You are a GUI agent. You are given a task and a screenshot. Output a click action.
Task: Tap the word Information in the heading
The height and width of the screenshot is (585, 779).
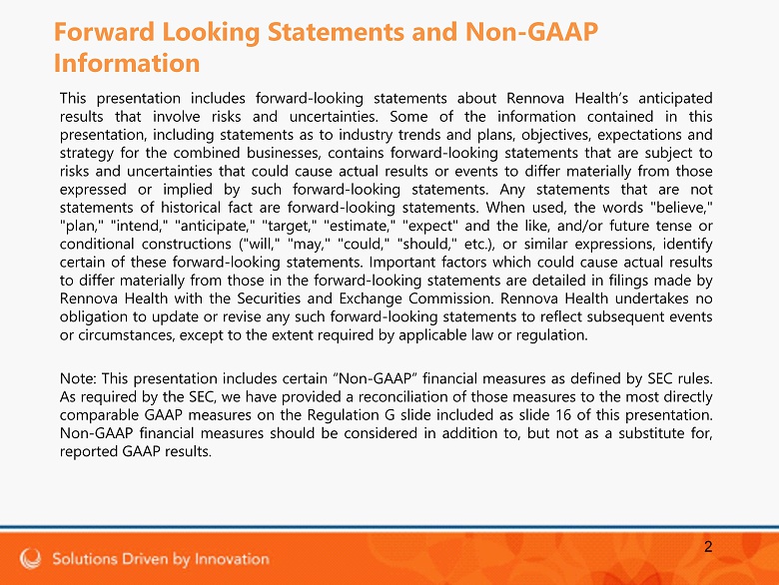(127, 64)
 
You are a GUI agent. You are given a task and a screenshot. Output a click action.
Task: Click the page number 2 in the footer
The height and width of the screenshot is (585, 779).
(708, 547)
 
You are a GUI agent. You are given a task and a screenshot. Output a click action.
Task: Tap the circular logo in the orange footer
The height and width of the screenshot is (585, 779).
(30, 558)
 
